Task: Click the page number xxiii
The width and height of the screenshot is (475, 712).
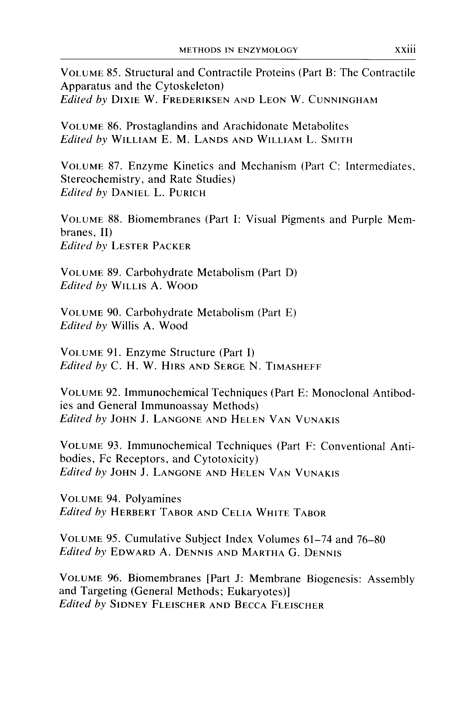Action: coord(405,50)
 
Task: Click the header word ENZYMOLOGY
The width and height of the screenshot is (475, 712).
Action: coord(268,50)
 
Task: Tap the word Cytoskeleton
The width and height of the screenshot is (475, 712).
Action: coord(189,86)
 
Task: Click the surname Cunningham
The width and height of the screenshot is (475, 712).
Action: coord(343,100)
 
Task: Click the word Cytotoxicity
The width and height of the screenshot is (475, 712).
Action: coord(226,459)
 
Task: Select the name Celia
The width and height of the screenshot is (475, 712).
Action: coord(237,512)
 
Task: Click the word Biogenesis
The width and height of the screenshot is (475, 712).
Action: coord(334,579)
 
